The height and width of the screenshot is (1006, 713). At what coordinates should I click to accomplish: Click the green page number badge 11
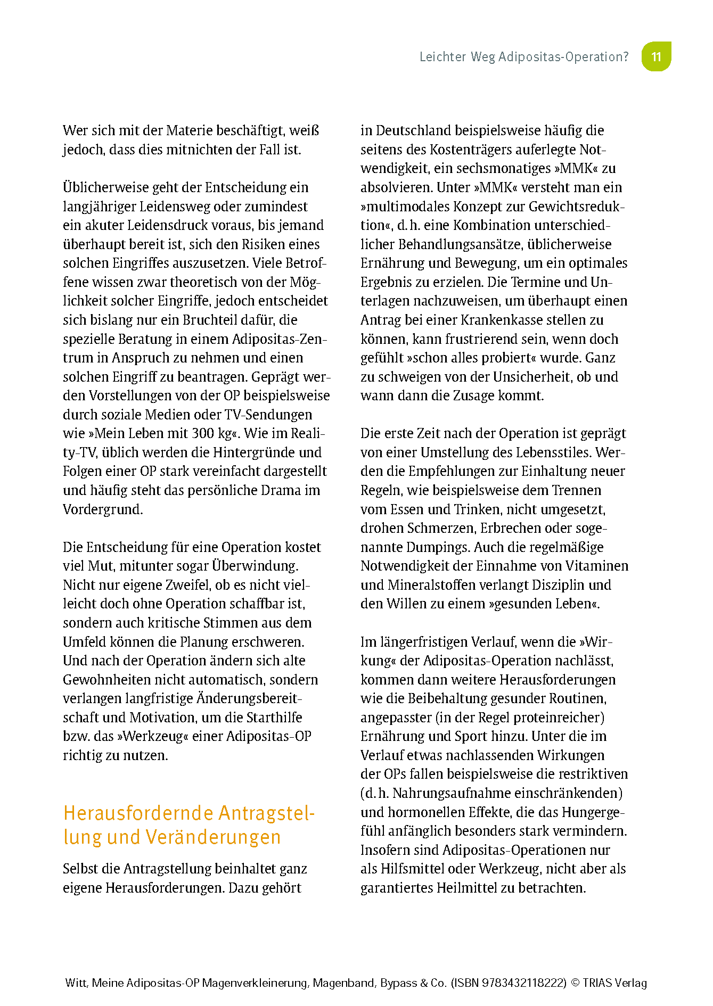[x=656, y=56]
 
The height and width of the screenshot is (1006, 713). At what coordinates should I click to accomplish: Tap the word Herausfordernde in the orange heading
[x=138, y=813]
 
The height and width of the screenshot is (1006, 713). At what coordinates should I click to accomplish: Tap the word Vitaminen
[x=597, y=566]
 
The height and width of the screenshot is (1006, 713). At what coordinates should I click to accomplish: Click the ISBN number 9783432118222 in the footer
[x=524, y=983]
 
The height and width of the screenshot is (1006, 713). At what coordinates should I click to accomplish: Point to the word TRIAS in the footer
[x=597, y=983]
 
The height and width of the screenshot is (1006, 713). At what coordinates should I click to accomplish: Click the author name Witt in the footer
[x=76, y=983]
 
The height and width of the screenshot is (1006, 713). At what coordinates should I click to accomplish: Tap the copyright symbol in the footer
[x=575, y=983]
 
